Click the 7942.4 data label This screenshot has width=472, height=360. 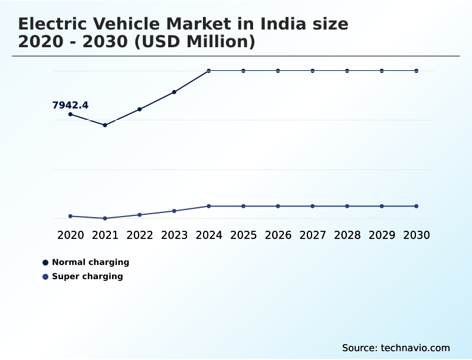coord(70,106)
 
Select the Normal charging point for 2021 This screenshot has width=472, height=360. coord(105,125)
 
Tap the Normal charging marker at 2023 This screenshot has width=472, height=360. coord(174,92)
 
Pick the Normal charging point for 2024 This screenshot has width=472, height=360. coord(209,71)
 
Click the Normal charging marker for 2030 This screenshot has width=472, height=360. coord(417,71)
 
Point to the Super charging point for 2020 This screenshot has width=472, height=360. coord(70,216)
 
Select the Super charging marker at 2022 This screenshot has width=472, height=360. coord(140,215)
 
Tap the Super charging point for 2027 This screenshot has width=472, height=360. coord(313,206)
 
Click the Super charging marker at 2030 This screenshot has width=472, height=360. coord(417,206)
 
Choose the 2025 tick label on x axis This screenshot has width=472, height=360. coord(243,235)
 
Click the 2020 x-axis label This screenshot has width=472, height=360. coord(70,235)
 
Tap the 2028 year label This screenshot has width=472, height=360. coord(347,235)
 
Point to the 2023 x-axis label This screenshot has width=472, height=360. coord(174,235)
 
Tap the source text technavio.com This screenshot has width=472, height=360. coord(415,348)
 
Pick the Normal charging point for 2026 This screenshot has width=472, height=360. coord(278,71)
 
